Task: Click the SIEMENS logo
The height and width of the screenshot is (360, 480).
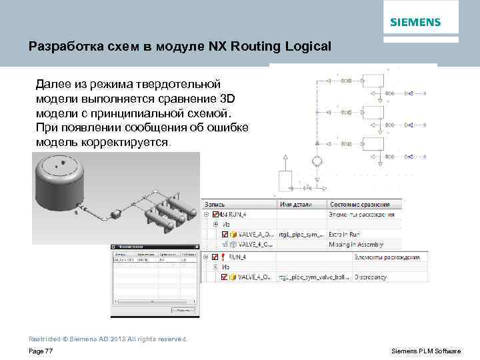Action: [x=415, y=22]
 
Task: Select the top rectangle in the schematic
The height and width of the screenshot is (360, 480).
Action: [x=373, y=81]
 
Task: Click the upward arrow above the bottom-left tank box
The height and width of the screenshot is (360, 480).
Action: [x=285, y=161]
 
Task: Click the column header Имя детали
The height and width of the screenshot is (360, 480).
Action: [x=296, y=204]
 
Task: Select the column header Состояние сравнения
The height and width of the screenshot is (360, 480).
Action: [x=361, y=204]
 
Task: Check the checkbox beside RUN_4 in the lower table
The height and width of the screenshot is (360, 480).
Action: [x=214, y=257]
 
